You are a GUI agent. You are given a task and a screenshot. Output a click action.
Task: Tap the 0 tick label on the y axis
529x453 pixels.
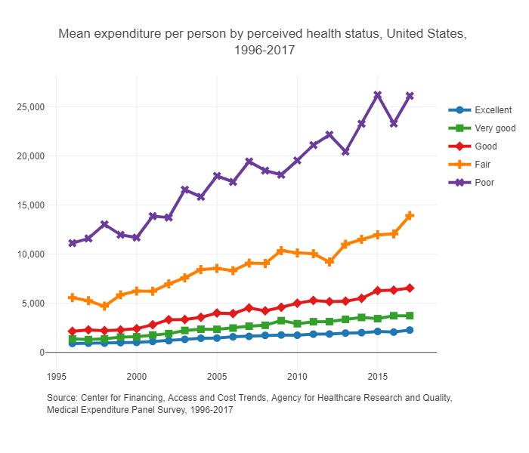(x=41, y=353)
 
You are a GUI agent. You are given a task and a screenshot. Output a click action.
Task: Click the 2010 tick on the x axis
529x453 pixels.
(x=297, y=376)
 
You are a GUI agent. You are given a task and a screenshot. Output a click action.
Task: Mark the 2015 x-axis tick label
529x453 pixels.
(x=378, y=376)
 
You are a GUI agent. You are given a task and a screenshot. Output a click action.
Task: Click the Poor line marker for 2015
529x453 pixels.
(x=378, y=95)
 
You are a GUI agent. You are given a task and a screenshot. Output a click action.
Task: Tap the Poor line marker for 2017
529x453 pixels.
(x=410, y=96)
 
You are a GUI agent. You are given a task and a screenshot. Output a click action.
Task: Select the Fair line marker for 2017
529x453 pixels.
(x=410, y=215)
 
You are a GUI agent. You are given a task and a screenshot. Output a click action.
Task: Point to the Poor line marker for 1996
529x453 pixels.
(x=73, y=243)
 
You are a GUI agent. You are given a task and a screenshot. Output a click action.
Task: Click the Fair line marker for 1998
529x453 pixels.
(x=104, y=307)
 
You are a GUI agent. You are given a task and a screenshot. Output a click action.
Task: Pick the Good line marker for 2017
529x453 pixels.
(x=410, y=288)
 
